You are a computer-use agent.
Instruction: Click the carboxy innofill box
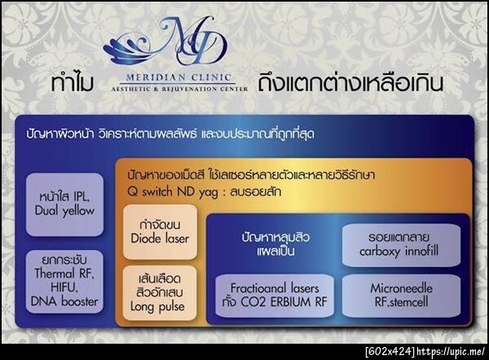point(399,244)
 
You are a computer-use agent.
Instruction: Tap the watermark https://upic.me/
point(452,351)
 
